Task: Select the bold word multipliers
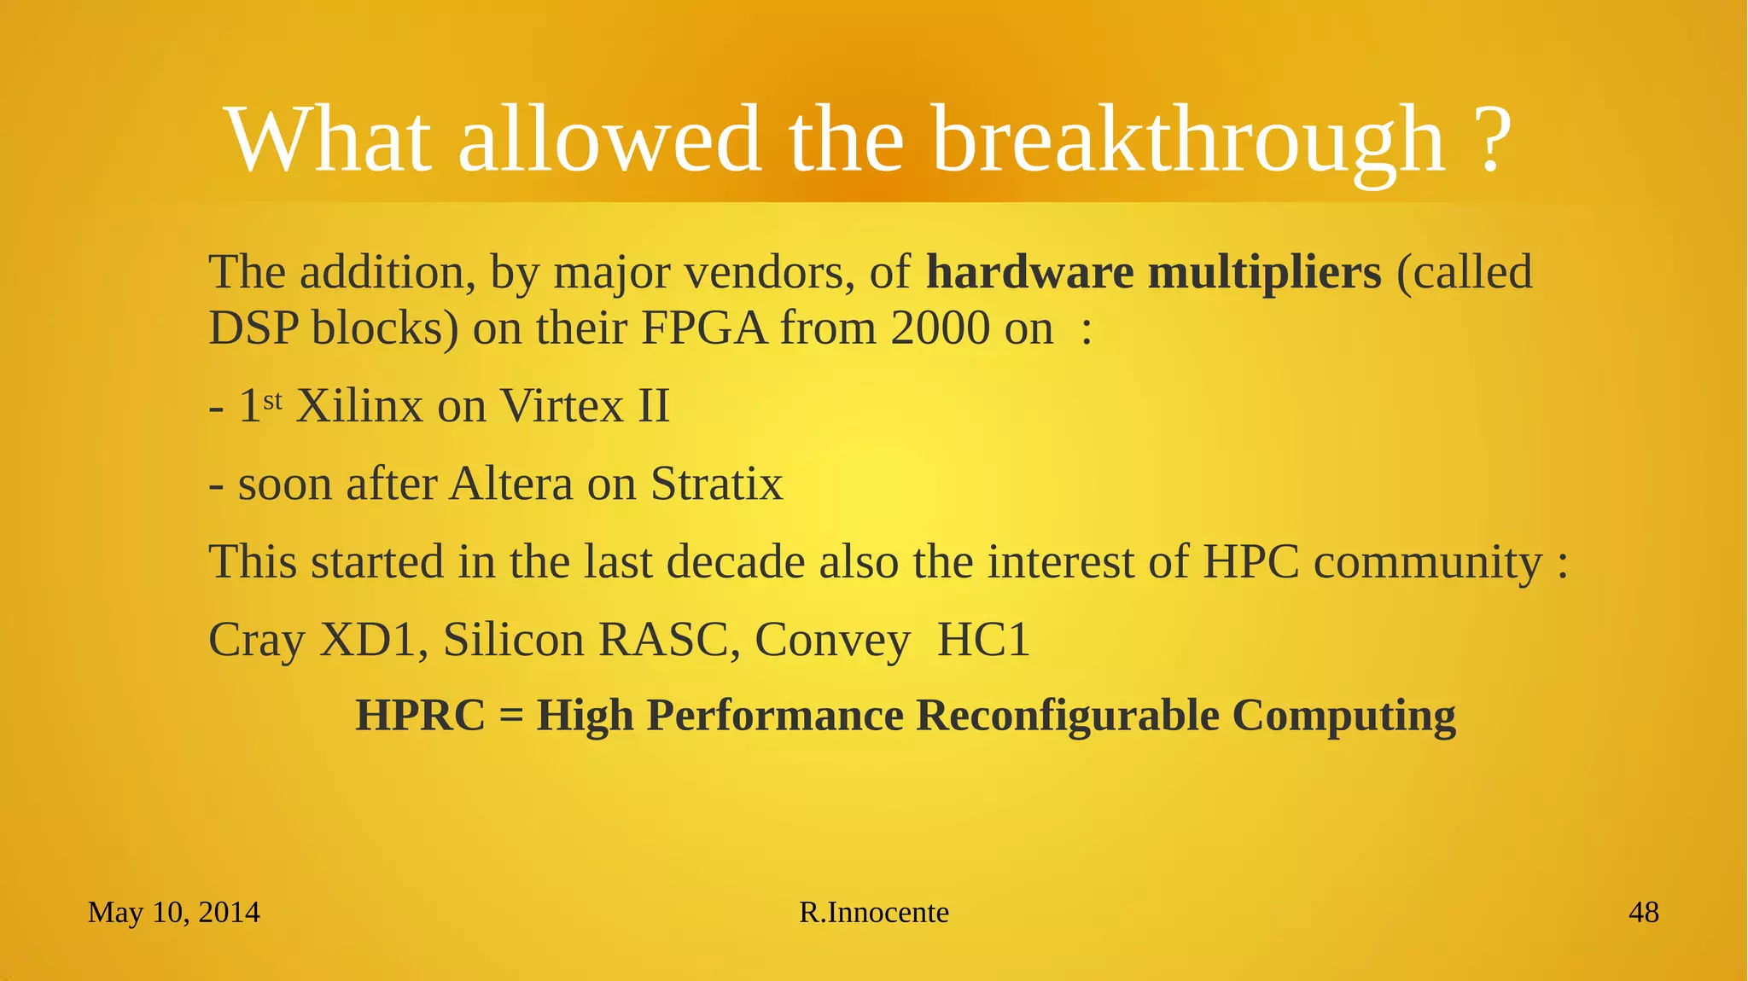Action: [1264, 273]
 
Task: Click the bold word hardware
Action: [1029, 273]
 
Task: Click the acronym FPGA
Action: [702, 328]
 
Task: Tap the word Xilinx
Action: [358, 406]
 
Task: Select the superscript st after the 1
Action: [271, 399]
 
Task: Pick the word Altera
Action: [510, 485]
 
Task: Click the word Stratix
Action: [716, 485]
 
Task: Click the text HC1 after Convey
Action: [983, 641]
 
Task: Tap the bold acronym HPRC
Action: [420, 715]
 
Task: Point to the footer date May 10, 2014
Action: [173, 913]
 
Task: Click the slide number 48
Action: [1643, 913]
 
